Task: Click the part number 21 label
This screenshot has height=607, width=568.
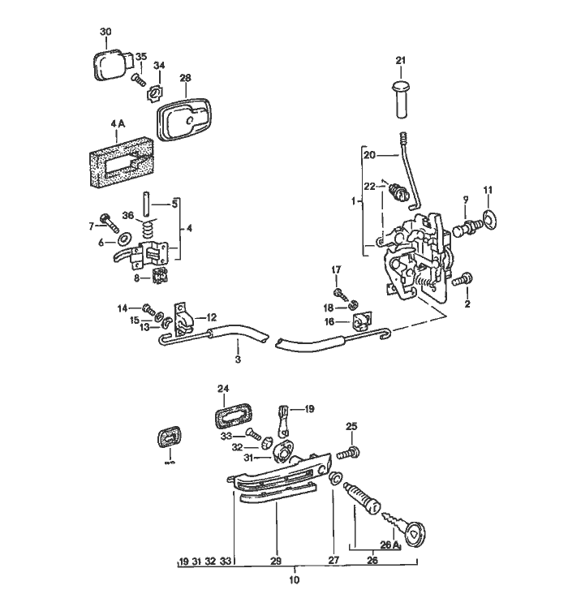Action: pos(399,60)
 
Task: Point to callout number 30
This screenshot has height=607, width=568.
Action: pos(105,32)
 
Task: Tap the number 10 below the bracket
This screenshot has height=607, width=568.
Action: pos(294,579)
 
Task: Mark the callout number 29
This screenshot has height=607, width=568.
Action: pos(275,561)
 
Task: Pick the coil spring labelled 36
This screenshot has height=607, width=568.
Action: pos(147,230)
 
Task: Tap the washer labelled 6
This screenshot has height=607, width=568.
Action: pos(123,241)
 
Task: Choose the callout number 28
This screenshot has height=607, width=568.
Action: pos(185,78)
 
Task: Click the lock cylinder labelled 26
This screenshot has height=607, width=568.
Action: pos(362,494)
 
